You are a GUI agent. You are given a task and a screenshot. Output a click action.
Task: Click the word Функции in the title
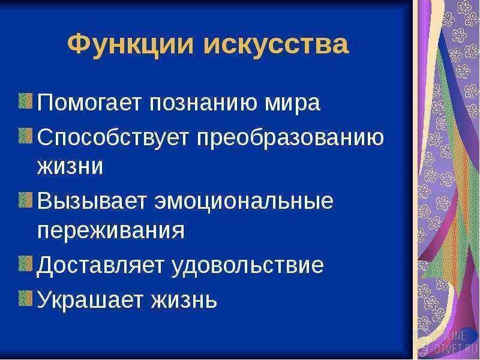(x=130, y=44)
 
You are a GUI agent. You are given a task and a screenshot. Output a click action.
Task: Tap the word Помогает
(x=89, y=103)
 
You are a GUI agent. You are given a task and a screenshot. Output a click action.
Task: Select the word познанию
(x=204, y=103)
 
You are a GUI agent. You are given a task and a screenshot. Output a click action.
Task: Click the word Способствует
(x=112, y=137)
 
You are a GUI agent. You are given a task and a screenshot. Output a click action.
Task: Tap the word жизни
(x=70, y=166)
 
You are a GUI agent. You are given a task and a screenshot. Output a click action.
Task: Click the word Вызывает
(x=91, y=200)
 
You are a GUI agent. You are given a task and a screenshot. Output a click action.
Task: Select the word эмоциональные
(x=244, y=202)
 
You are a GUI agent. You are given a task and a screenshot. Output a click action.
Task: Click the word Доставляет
(x=100, y=265)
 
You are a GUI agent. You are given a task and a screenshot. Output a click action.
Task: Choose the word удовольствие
(x=247, y=265)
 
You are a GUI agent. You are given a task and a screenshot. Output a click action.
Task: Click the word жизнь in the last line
(x=184, y=300)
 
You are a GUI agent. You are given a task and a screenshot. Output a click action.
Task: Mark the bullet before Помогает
(x=25, y=101)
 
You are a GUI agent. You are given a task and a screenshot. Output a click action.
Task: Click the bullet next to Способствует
(x=25, y=136)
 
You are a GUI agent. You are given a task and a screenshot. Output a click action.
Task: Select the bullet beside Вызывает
(x=25, y=200)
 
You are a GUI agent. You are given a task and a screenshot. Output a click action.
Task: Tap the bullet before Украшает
(x=25, y=298)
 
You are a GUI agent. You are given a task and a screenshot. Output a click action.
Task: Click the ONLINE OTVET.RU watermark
(x=446, y=342)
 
